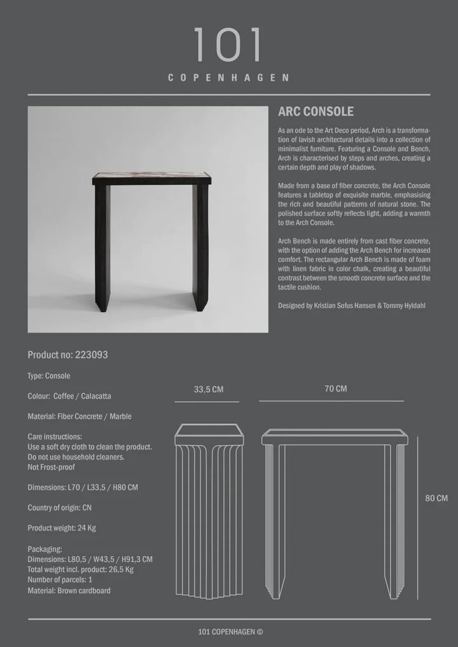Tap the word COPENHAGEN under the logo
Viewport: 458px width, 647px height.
pos(228,78)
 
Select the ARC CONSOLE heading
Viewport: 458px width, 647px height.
pos(316,112)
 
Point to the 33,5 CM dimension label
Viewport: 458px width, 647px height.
pos(209,390)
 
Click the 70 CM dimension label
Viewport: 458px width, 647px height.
pos(335,388)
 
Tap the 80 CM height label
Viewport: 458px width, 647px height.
pos(436,498)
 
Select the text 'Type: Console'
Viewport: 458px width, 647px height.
pos(49,376)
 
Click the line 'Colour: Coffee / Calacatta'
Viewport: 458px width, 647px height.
pos(69,396)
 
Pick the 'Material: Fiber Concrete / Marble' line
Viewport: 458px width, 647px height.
pos(80,416)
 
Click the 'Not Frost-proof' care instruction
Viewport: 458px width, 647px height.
pos(52,467)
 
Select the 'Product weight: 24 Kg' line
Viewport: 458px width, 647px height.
pos(62,528)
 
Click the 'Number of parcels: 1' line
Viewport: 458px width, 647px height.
pos(60,580)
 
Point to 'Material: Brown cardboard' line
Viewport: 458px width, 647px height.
pos(69,590)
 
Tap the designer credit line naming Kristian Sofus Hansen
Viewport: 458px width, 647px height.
pos(350,306)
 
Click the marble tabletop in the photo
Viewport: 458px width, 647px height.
pos(151,175)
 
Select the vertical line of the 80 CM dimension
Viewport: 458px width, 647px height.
pos(418,517)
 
